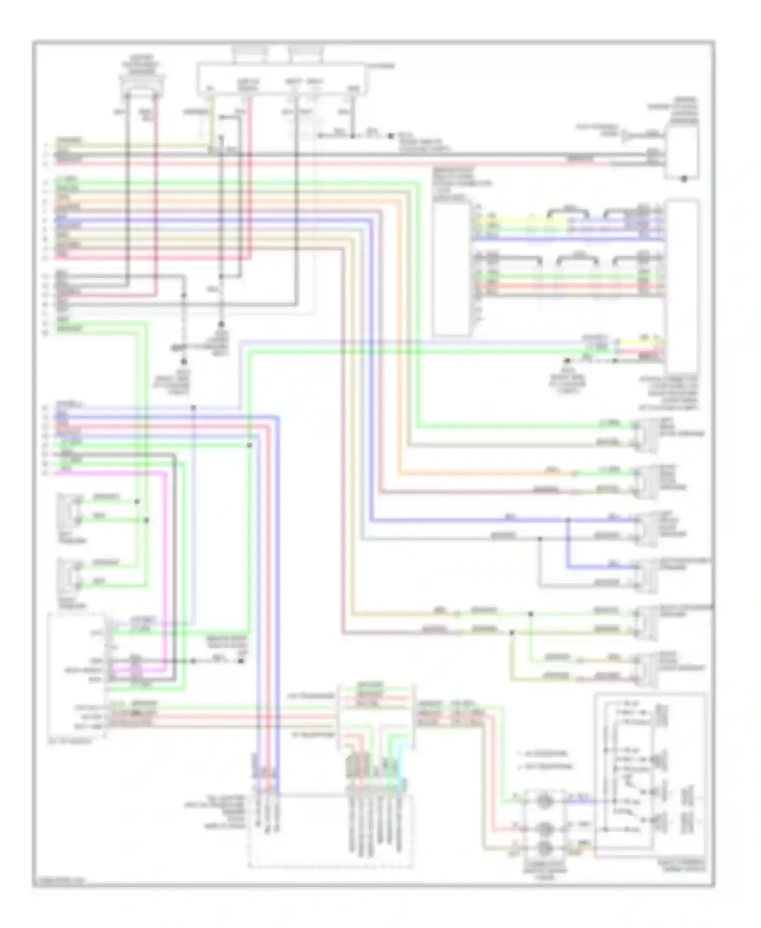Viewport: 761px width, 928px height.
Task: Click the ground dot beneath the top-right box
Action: click(x=683, y=179)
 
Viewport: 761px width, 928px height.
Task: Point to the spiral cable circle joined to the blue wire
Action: click(x=544, y=802)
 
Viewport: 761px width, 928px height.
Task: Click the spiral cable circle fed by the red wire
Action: click(x=544, y=829)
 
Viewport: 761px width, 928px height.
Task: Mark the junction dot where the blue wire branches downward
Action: click(x=568, y=520)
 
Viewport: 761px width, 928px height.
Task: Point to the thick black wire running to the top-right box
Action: click(x=406, y=154)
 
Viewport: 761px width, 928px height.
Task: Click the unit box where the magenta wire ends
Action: click(x=76, y=675)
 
